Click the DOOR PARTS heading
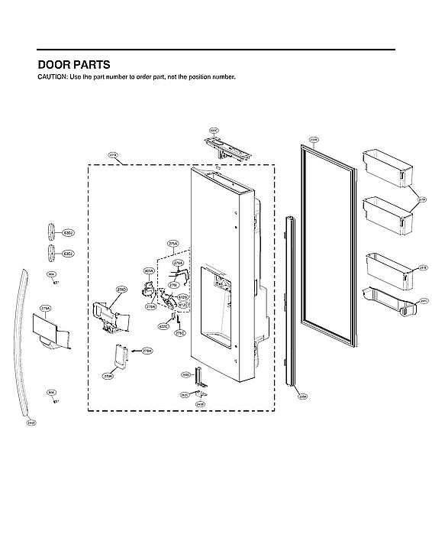(x=73, y=65)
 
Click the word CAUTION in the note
(x=52, y=78)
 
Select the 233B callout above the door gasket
(x=313, y=140)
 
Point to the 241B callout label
(x=423, y=268)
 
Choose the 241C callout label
(x=424, y=301)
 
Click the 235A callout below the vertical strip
(x=301, y=397)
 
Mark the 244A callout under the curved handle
(x=31, y=422)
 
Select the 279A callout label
(x=44, y=309)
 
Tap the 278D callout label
(x=121, y=291)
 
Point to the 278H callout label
(x=147, y=351)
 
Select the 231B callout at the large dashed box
(x=113, y=156)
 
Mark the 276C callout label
(x=179, y=334)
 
